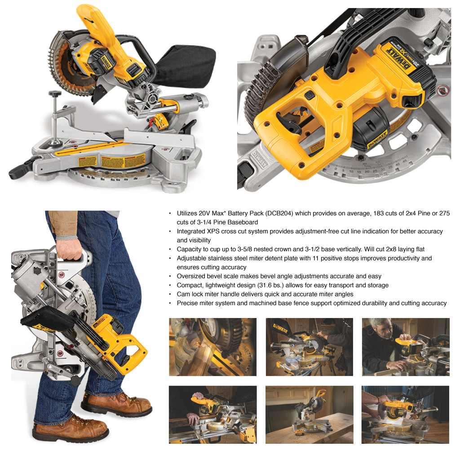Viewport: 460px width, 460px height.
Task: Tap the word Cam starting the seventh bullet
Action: point(183,294)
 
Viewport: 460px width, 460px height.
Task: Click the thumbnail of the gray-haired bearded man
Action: point(405,347)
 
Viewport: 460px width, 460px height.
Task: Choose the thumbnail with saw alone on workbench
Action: point(309,415)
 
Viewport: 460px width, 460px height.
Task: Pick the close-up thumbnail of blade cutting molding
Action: point(212,347)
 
